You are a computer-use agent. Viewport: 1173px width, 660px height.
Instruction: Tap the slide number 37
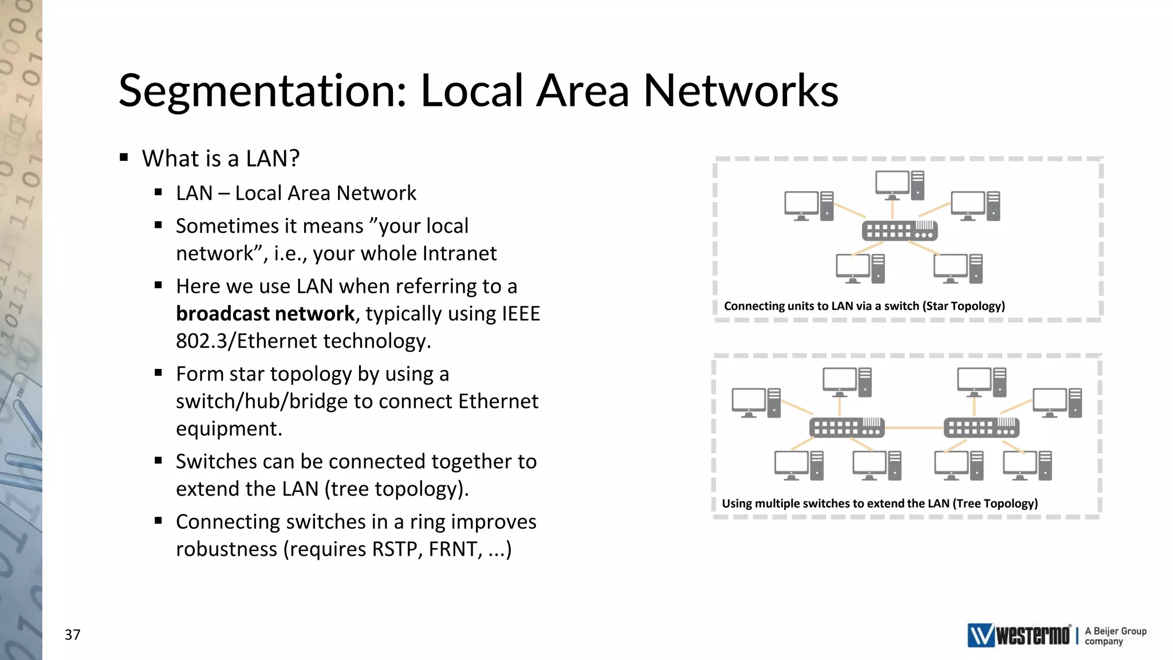pos(72,635)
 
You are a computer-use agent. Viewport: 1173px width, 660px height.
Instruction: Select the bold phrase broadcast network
pos(265,314)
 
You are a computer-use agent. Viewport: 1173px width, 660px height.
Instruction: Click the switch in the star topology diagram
pos(900,231)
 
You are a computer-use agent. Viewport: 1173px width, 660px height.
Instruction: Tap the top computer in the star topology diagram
pos(900,185)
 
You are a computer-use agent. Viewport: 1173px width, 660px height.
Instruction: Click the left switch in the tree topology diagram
pos(847,427)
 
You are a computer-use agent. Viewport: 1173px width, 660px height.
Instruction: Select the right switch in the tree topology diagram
pos(981,427)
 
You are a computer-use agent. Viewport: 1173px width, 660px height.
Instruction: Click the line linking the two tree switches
pos(914,428)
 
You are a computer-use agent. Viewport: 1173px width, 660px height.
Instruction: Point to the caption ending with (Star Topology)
pos(864,306)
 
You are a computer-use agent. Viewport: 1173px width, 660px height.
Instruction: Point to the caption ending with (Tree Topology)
pos(879,504)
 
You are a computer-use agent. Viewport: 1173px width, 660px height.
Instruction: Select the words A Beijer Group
pos(1115,631)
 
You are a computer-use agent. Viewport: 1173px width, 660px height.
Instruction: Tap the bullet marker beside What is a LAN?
pos(124,158)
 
